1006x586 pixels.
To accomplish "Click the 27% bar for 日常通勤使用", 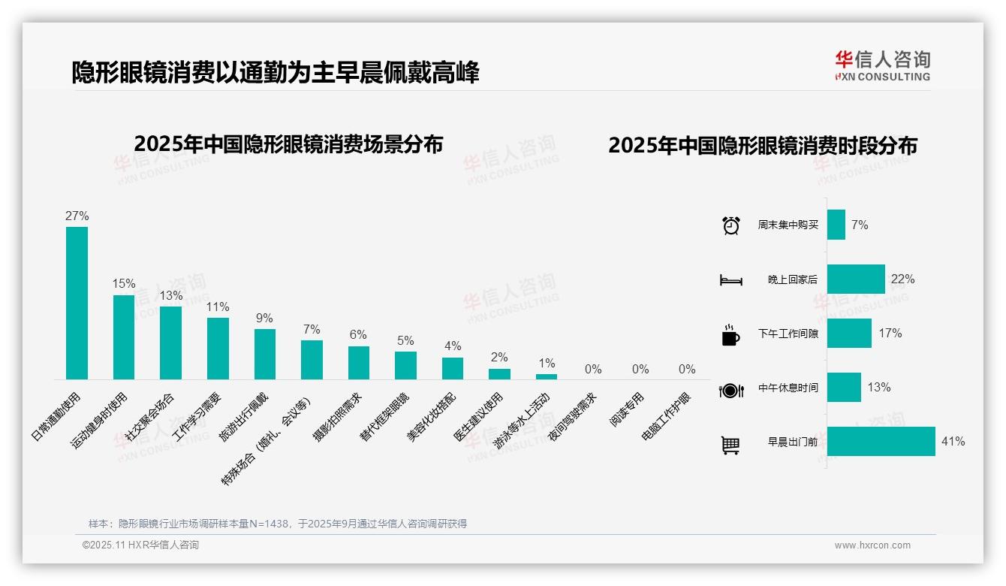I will [x=77, y=303].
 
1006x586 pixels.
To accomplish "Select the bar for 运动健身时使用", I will [x=124, y=337].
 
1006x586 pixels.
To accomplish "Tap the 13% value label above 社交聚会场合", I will [x=170, y=295].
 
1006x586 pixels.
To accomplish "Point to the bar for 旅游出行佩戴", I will [x=264, y=354].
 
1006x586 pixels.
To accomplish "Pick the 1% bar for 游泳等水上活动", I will [x=547, y=376].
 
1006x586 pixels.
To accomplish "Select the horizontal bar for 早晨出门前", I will [x=881, y=441].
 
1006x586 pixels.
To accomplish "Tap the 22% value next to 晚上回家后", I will [x=902, y=279].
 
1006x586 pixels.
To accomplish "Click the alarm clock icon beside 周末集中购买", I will [x=730, y=225].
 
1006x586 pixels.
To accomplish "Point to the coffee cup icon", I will [x=730, y=335].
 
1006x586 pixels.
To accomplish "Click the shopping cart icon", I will [x=730, y=445].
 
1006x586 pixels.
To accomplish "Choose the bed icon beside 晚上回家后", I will [x=730, y=280].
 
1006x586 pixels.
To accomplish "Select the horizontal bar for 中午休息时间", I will [x=844, y=388].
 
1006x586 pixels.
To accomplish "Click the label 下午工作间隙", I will [x=788, y=334].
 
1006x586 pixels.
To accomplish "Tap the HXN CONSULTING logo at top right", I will [x=882, y=66].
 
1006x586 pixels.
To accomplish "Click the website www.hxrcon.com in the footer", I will [x=872, y=545].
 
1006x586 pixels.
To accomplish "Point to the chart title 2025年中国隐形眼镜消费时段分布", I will [x=762, y=146].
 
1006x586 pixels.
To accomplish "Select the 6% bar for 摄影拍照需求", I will [x=359, y=362].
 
